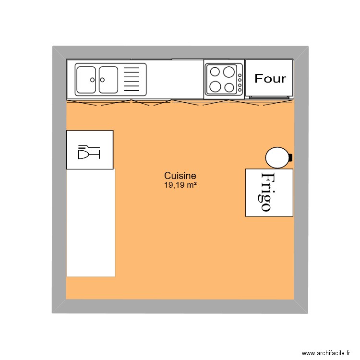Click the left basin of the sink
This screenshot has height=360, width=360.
[86, 80]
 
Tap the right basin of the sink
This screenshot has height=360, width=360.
[108, 80]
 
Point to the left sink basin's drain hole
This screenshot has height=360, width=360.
[91, 80]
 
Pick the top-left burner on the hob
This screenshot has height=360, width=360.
[215, 72]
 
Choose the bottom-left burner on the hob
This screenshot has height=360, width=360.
[215, 87]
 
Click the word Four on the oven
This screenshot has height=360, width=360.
[270, 79]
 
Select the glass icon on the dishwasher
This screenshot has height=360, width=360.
[89, 153]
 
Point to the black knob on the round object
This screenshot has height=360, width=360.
[290, 157]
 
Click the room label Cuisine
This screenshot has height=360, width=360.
[180, 176]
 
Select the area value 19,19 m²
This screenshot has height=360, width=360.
[180, 184]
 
